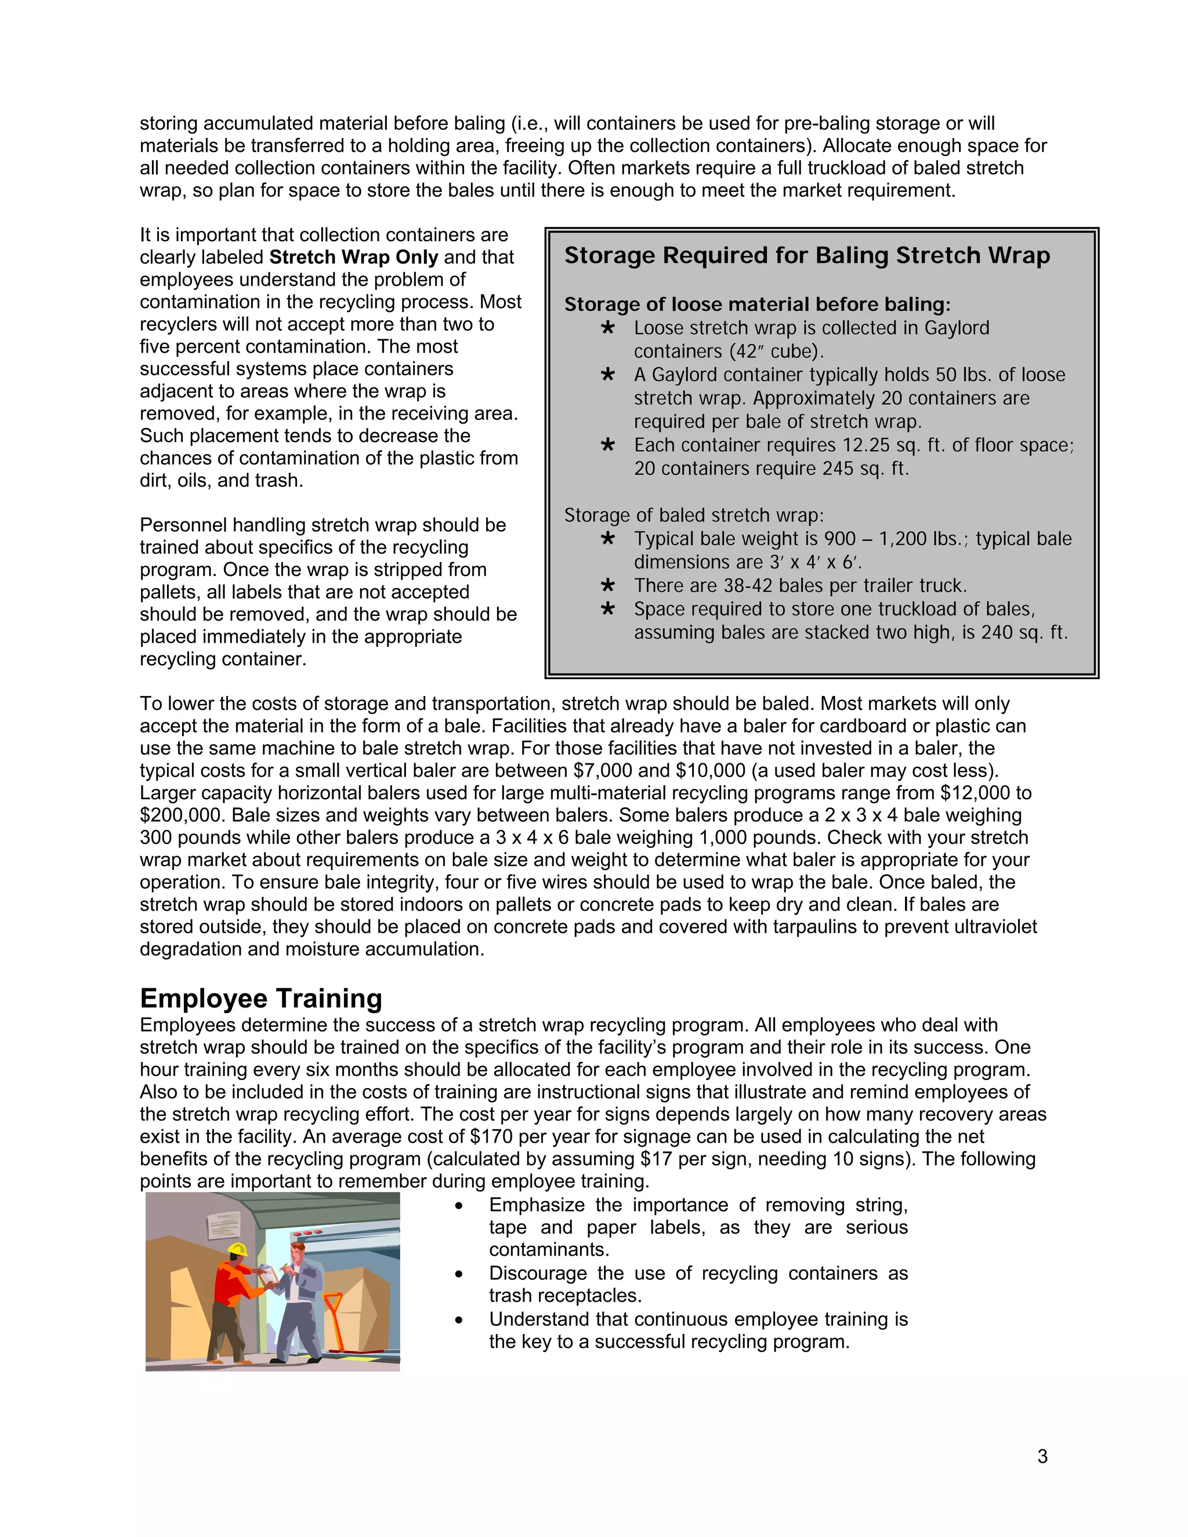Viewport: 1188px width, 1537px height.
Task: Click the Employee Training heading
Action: (260, 999)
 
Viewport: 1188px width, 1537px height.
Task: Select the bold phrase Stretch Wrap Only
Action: (353, 258)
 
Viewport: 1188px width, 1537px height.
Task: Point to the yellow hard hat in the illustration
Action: (238, 1249)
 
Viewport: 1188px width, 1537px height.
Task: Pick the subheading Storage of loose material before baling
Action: (756, 304)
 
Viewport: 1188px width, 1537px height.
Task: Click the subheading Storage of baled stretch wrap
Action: (693, 515)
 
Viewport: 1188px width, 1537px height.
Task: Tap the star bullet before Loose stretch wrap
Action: (608, 328)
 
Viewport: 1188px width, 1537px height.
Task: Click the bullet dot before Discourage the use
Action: (459, 1274)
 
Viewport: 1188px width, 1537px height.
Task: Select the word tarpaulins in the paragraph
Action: (815, 927)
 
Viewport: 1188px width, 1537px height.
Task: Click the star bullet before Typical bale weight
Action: (608, 539)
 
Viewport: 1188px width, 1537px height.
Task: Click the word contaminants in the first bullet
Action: (549, 1250)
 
